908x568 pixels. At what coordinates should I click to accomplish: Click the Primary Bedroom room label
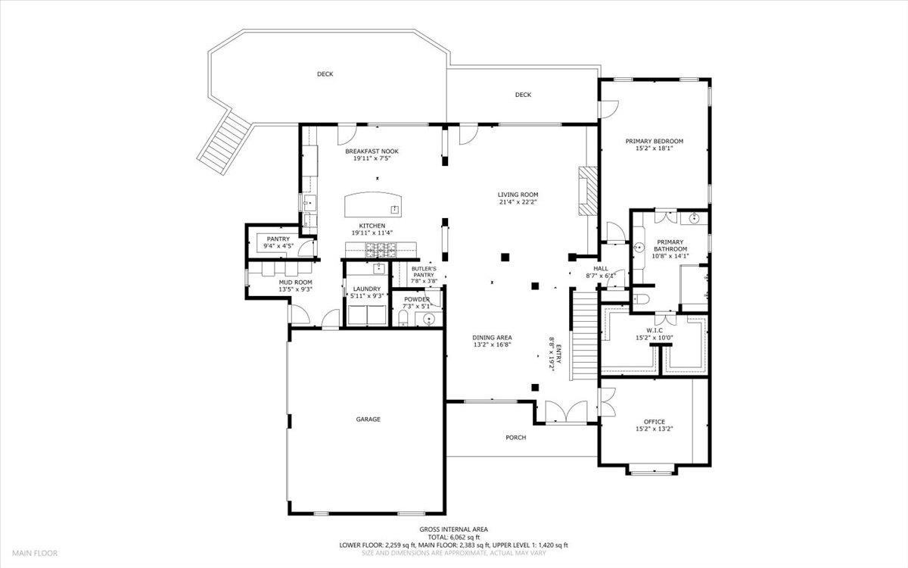coord(654,141)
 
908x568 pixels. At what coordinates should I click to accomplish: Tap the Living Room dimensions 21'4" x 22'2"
coord(518,201)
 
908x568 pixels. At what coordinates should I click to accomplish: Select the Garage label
coord(368,419)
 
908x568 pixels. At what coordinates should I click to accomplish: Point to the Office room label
coord(655,422)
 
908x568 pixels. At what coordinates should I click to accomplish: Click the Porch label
coord(515,437)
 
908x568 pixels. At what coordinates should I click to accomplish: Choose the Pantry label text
coord(278,239)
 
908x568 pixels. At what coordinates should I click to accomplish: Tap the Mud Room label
coord(275,282)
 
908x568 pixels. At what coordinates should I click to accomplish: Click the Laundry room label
coord(366,289)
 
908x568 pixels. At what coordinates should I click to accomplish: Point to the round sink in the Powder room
coord(430,319)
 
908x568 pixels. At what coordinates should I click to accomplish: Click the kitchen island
coord(373,205)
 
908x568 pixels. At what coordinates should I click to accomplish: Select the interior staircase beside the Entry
coord(583,339)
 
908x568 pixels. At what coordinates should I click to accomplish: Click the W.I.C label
coord(655,330)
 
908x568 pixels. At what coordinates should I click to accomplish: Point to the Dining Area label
coord(493,337)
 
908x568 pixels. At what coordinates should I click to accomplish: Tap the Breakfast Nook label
coord(376,151)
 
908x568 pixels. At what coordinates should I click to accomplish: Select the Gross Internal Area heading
coord(454,529)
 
